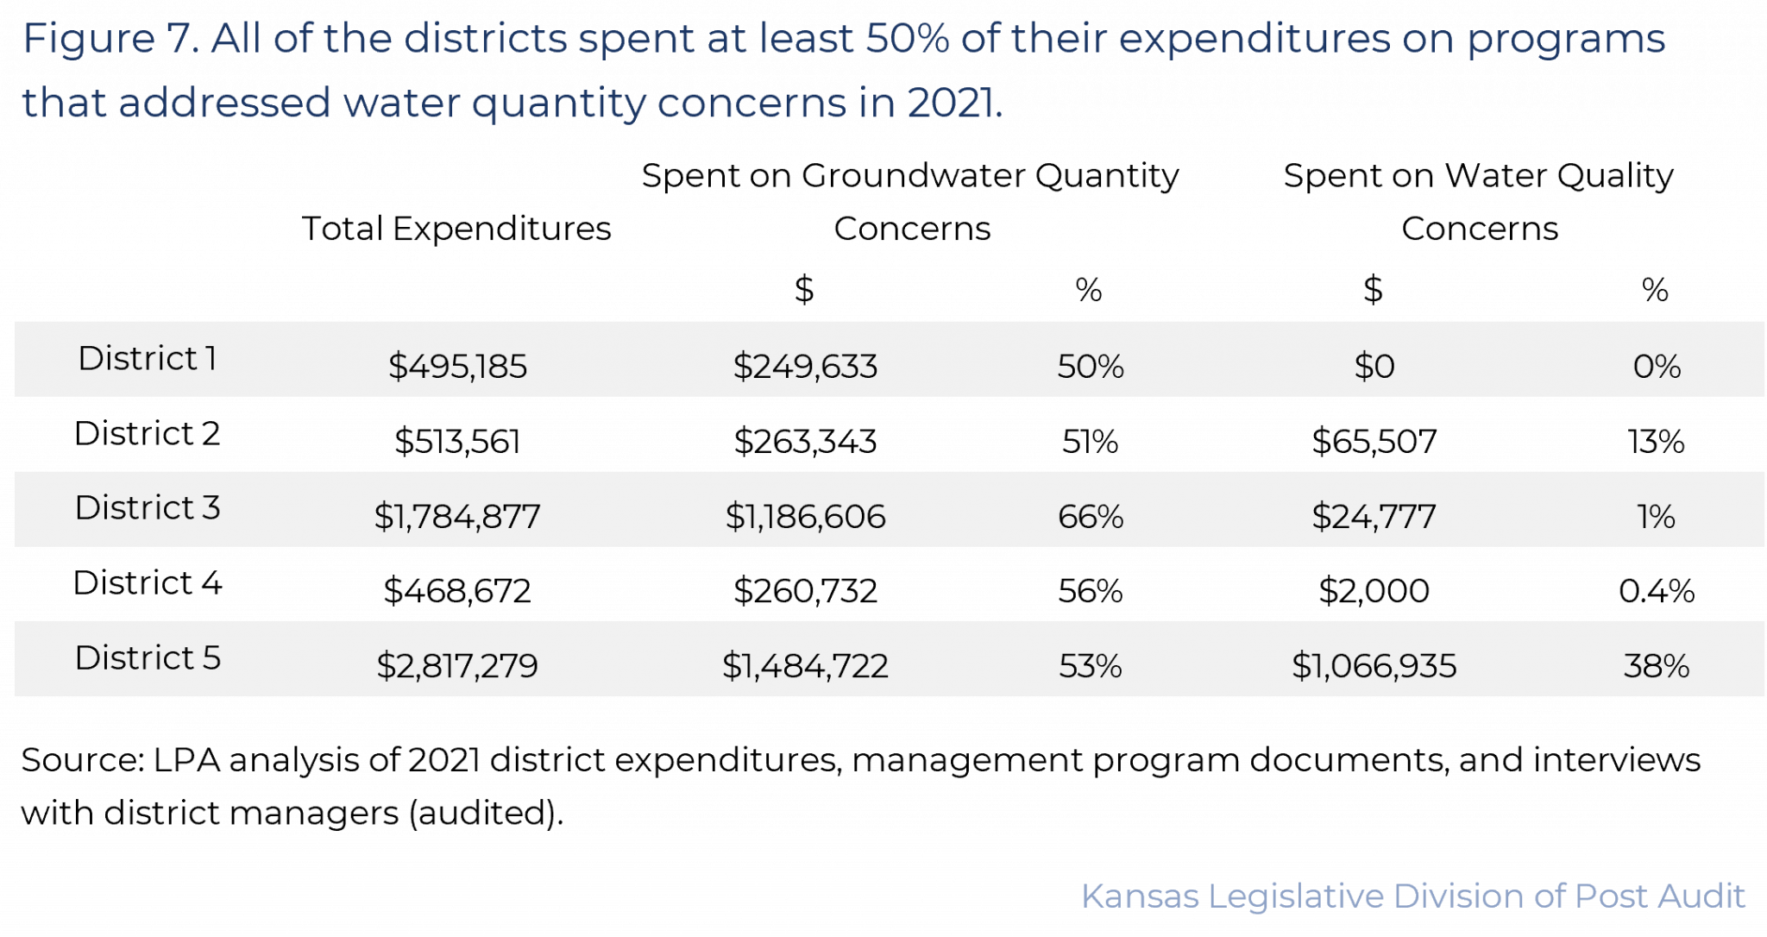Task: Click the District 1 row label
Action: tap(147, 358)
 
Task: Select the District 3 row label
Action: tap(148, 508)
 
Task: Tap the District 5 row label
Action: tap(148, 658)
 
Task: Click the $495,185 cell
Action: tap(457, 367)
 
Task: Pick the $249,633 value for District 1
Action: tap(805, 367)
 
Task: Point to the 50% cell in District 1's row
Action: tap(1091, 367)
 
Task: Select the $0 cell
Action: tap(1374, 367)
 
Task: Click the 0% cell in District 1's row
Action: tap(1657, 367)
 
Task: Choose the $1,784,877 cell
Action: tap(457, 517)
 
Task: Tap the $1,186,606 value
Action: tap(805, 517)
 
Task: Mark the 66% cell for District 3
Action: tap(1091, 517)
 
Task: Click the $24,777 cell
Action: tap(1374, 517)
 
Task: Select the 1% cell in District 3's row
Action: tap(1657, 517)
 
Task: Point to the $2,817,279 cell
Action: tap(457, 666)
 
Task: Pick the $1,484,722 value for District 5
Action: tap(805, 666)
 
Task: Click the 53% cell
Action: tap(1091, 666)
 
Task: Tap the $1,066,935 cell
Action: tap(1374, 666)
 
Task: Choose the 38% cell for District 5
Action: tap(1657, 666)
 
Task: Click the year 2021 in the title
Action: tap(953, 103)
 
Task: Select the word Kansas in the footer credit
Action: tap(1140, 896)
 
